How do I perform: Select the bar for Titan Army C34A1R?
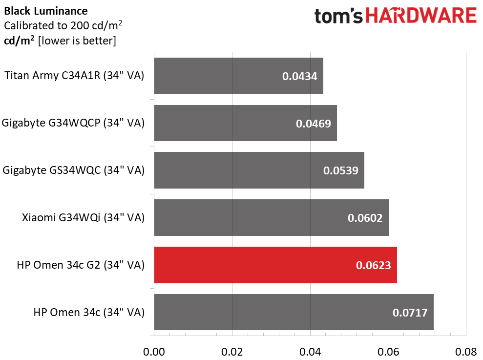(238, 76)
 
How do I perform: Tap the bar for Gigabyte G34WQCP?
(245, 123)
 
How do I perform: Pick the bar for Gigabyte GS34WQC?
(259, 170)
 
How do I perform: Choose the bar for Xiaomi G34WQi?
(271, 218)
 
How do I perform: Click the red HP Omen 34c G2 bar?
(275, 265)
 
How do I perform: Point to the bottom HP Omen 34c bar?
(294, 313)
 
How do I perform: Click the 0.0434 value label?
(299, 76)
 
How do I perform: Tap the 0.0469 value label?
(313, 124)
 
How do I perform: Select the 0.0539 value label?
(340, 171)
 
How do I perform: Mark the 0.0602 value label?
(365, 218)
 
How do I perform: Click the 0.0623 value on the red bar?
(373, 266)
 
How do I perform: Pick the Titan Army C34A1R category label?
(74, 76)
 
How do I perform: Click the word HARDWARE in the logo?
(421, 16)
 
